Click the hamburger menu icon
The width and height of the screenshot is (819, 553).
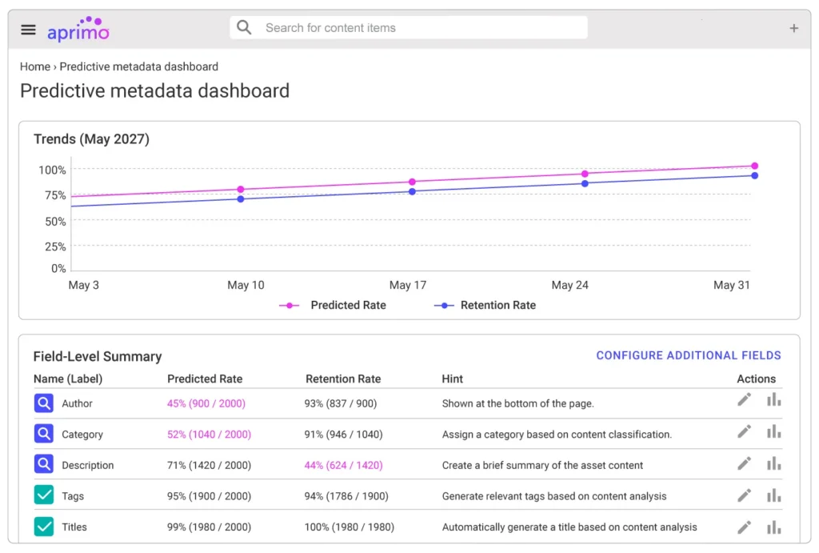tap(29, 30)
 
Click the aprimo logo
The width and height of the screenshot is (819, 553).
tap(78, 30)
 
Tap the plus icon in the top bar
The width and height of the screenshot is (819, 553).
tap(793, 29)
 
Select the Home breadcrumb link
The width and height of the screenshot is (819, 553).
tap(35, 67)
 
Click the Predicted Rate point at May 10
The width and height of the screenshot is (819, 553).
tap(241, 190)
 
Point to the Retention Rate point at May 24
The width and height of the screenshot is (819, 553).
tap(585, 183)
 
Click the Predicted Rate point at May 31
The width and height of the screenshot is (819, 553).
tap(754, 166)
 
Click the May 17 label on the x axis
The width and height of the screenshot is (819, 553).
tap(408, 286)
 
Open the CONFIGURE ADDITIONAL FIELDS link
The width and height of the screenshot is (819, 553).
tap(689, 355)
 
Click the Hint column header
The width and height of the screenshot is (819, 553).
tap(452, 379)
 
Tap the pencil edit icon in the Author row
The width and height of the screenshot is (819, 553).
tap(745, 400)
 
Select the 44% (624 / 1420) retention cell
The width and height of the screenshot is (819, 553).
tap(343, 466)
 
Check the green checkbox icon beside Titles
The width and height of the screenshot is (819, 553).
tap(44, 527)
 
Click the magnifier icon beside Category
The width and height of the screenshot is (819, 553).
tap(44, 435)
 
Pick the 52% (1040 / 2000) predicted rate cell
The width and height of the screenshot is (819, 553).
tap(209, 435)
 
